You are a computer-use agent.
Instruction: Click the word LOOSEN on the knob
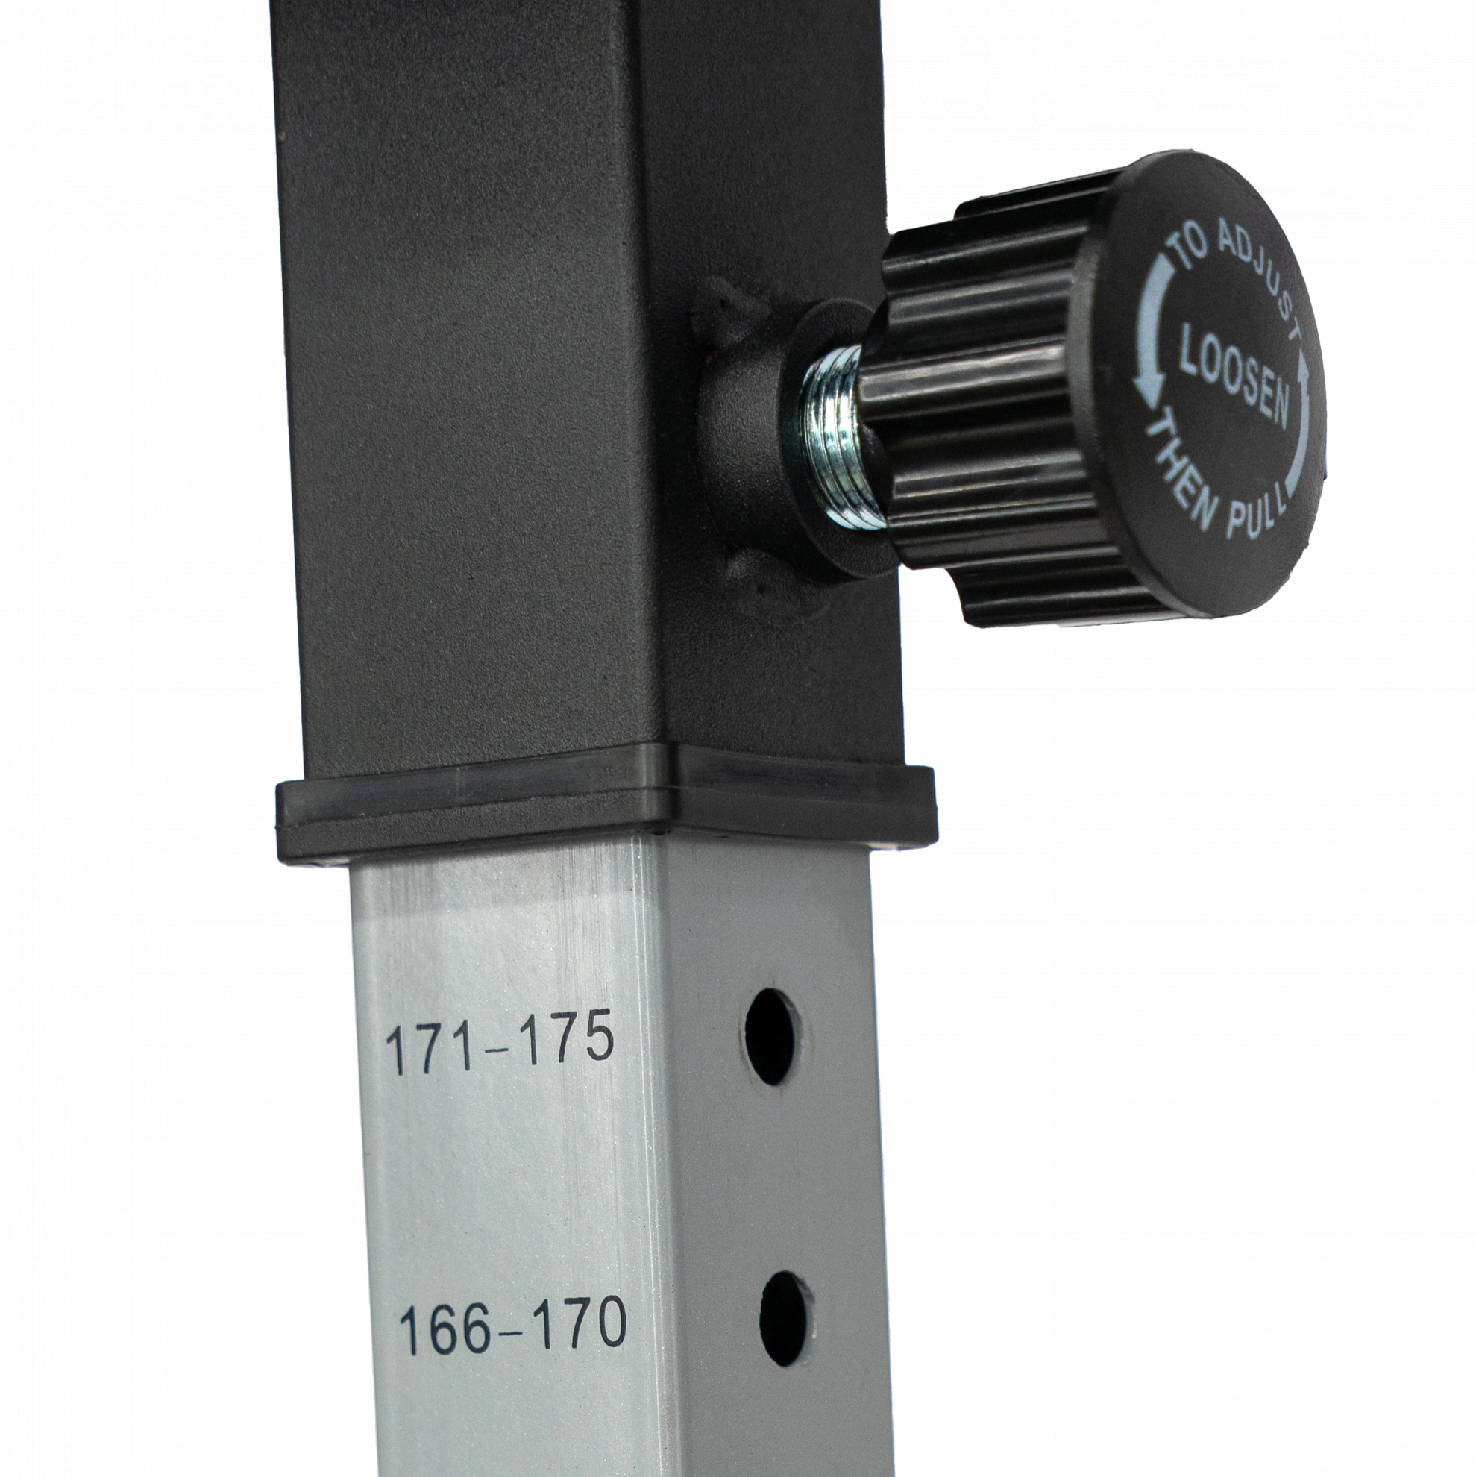click(x=1234, y=375)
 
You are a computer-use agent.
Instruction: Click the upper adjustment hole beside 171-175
click(x=769, y=1037)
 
